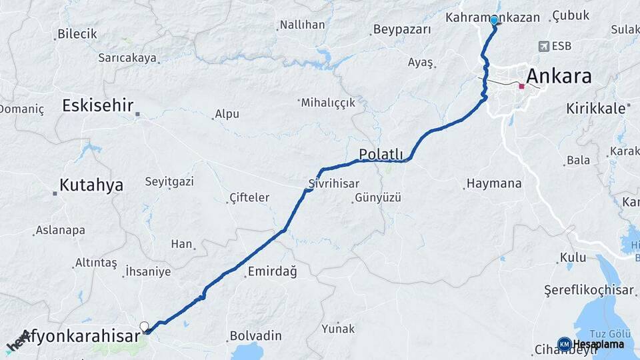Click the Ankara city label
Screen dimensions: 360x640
click(559, 77)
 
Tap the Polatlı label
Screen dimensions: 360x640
click(382, 154)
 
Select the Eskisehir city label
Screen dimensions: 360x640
click(98, 105)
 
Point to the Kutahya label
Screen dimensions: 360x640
click(91, 185)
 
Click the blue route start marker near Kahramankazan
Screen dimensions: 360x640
click(494, 21)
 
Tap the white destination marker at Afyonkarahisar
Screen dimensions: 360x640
click(144, 326)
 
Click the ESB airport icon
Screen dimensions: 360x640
click(544, 46)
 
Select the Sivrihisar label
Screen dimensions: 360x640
click(334, 183)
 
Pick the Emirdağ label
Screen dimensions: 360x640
click(271, 271)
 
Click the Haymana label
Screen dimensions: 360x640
click(494, 183)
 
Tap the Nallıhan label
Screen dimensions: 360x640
click(302, 25)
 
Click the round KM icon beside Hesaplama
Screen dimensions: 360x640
click(564, 344)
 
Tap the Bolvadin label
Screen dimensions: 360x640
click(251, 335)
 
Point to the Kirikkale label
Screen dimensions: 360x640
click(596, 107)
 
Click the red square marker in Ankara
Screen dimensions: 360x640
click(521, 86)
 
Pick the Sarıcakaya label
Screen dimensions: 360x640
click(127, 58)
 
